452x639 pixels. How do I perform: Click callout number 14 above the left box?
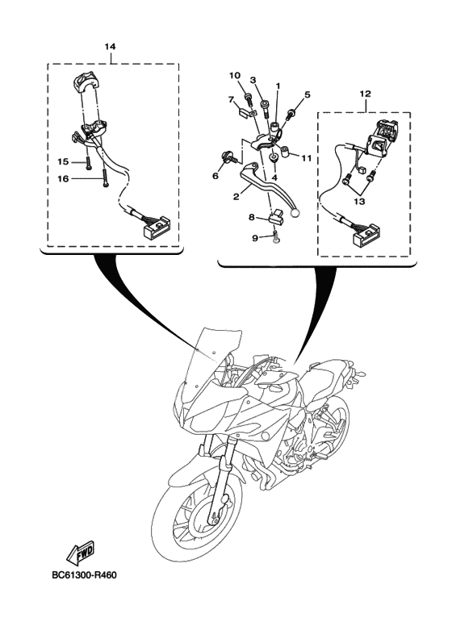coord(110,47)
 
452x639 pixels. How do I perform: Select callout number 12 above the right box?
coord(365,94)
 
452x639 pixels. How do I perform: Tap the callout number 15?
coord(64,162)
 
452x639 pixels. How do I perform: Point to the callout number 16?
coord(64,178)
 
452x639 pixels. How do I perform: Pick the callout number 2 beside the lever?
coord(236,197)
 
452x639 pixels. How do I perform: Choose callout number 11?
coord(307,157)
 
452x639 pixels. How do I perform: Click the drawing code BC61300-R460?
coord(85,575)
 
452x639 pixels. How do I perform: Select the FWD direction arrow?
coord(80,553)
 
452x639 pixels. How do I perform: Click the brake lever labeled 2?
coord(272,188)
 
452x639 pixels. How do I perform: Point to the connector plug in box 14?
coord(157,226)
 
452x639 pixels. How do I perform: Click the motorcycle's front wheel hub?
coord(203,520)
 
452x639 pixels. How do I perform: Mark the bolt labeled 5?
coord(291,114)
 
